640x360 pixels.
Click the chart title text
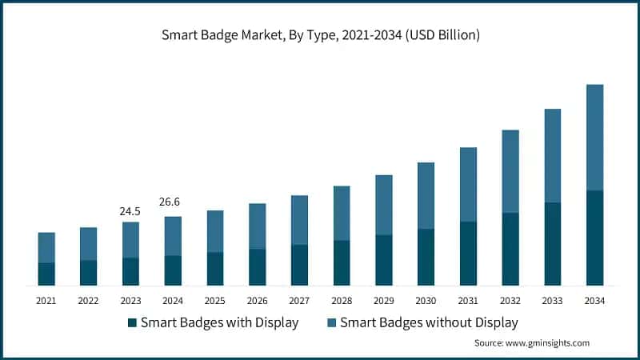click(x=320, y=35)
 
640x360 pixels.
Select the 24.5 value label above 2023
click(x=130, y=211)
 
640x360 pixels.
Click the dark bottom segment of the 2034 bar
click(x=594, y=238)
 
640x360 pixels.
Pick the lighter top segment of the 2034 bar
click(x=594, y=137)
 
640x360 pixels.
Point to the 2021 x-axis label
click(x=46, y=301)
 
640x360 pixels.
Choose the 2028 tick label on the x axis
click(x=342, y=301)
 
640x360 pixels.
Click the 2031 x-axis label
click(x=468, y=301)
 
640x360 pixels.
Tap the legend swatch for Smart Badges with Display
click(x=132, y=323)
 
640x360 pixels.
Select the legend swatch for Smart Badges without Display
click(x=331, y=323)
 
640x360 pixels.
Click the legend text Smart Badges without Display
click(x=429, y=323)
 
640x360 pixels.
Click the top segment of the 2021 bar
click(x=46, y=247)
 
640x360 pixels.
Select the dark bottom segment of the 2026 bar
click(x=257, y=267)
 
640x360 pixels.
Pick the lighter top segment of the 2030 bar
click(x=426, y=195)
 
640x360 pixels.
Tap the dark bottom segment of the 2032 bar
click(x=510, y=249)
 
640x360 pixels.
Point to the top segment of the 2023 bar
click(x=130, y=240)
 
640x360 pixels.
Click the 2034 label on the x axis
click(x=594, y=301)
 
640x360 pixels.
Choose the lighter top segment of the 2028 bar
click(x=342, y=213)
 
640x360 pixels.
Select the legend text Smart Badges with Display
click(x=219, y=323)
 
